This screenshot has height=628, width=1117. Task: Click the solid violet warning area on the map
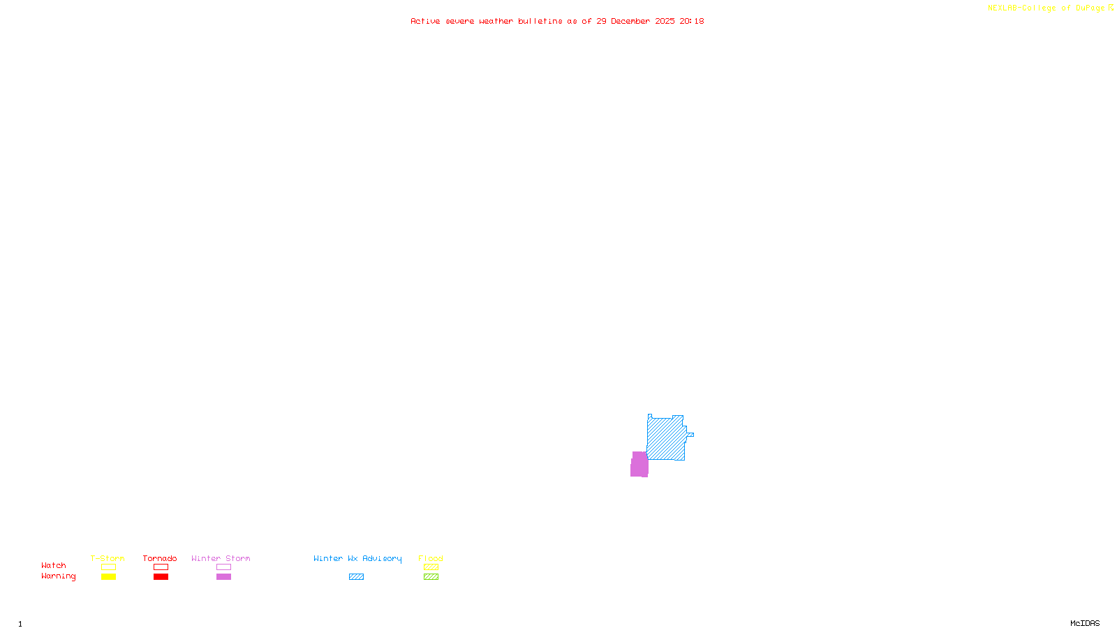(639, 465)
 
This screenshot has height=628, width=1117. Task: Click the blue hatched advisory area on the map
(666, 438)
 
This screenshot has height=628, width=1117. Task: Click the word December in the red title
(630, 22)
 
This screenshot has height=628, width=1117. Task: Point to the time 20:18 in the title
(691, 22)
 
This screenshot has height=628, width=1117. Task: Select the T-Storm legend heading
(108, 558)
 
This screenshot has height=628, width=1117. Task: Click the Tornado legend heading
(160, 558)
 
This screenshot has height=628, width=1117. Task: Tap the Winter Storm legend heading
(221, 558)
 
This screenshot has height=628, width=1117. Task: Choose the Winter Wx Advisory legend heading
(357, 558)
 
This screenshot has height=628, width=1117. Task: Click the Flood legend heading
(431, 558)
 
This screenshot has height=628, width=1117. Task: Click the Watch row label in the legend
(54, 565)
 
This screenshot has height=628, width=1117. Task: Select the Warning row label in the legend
(58, 576)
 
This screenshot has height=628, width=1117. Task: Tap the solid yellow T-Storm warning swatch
(108, 577)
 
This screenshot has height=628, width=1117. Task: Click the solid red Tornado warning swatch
(161, 577)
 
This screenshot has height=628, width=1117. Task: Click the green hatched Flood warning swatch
(431, 577)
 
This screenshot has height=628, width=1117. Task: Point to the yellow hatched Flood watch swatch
(431, 567)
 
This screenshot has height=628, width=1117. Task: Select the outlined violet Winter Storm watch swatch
(223, 567)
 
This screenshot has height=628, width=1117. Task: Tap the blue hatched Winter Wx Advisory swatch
(356, 577)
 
